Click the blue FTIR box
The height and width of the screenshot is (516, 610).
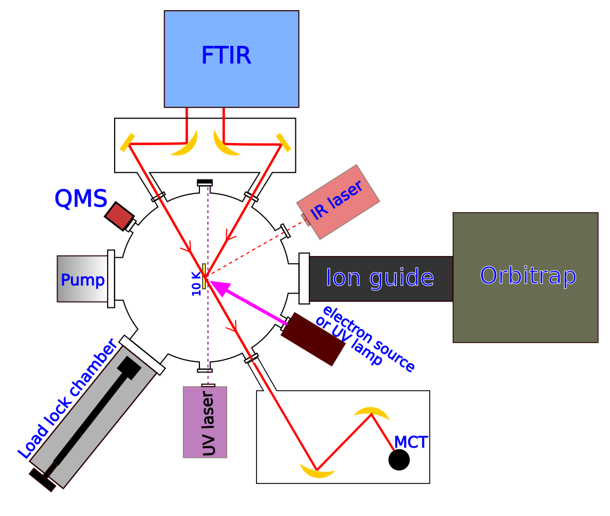point(231,59)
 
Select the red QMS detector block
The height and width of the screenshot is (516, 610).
point(119,216)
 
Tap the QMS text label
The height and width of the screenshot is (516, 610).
point(81,199)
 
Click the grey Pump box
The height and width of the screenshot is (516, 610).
point(83,279)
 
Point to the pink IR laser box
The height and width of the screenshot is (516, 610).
point(339,202)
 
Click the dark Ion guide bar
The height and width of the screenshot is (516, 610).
point(380,279)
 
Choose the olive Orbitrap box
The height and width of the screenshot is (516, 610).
point(525,277)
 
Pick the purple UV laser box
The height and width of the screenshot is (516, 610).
point(205,422)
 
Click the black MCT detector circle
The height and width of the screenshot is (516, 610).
point(399,459)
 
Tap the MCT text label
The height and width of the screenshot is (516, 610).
point(411,442)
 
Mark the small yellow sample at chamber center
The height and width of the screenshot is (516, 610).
point(204,276)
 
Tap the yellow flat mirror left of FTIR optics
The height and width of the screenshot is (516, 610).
point(127,143)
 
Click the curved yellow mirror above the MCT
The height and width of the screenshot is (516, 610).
point(372,412)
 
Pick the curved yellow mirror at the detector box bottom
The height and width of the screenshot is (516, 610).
point(317,471)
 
